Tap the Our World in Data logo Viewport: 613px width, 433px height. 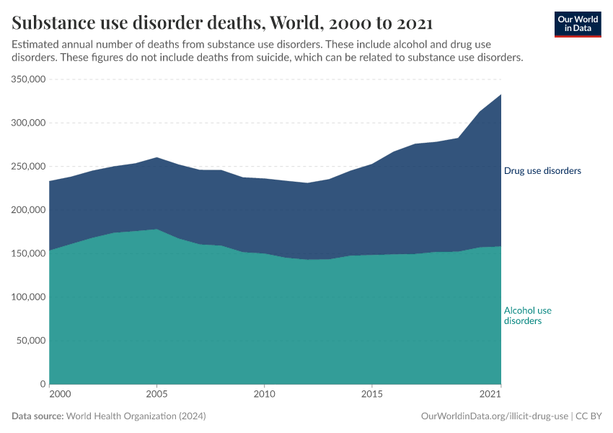tap(577, 24)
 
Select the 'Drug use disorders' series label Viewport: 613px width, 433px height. tap(542, 171)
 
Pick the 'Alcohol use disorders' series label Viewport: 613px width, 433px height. tap(527, 315)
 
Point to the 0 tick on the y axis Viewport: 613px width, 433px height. tap(43, 384)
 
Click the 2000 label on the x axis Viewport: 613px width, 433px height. tap(61, 395)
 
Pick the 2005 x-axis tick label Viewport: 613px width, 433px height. tap(156, 395)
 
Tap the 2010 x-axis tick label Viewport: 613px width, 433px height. tap(264, 395)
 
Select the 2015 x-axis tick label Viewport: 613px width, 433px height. tap(371, 395)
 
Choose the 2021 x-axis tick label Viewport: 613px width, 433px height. tap(490, 395)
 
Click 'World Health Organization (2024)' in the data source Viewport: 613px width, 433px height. tap(136, 416)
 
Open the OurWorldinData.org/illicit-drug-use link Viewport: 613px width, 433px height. tap(495, 416)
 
